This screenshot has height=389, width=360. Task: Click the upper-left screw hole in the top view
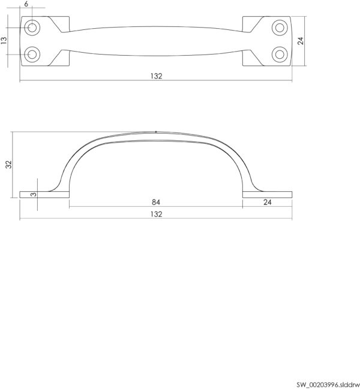tap(32, 28)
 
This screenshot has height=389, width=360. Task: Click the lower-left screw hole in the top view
tap(32, 55)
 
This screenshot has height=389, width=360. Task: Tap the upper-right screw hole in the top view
tap(280, 28)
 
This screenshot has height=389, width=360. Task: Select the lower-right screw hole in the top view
tap(280, 55)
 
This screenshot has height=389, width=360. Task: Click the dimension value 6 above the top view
tap(26, 4)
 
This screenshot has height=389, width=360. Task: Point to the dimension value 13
tap(4, 40)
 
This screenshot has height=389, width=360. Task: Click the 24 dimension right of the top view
tap(301, 41)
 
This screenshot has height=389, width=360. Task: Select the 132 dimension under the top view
tap(156, 76)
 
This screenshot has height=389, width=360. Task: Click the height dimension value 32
tap(8, 164)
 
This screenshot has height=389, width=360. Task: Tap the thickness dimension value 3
tap(33, 194)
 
